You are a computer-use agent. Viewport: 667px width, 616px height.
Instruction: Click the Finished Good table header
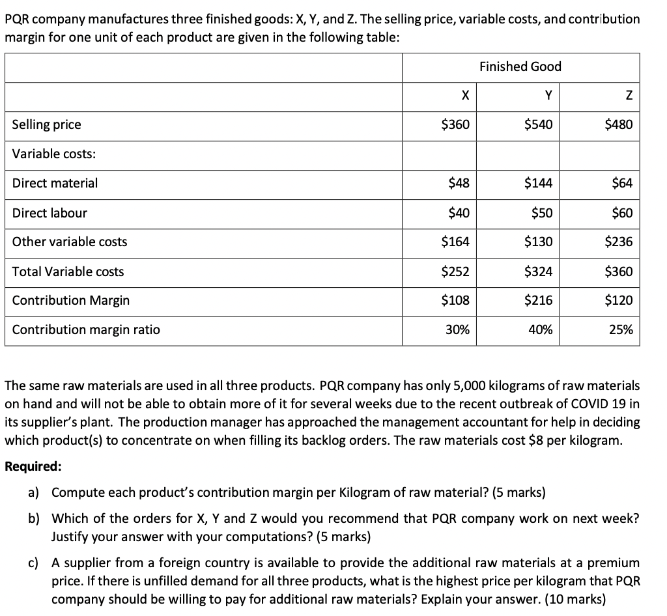pyautogui.click(x=520, y=66)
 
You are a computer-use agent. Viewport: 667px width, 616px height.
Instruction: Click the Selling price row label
pyautogui.click(x=47, y=124)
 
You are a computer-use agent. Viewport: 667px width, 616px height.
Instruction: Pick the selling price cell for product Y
pyautogui.click(x=539, y=124)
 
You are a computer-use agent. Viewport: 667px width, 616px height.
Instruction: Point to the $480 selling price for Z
pyautogui.click(x=618, y=124)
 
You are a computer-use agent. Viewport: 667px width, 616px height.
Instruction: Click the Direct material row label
pyautogui.click(x=55, y=183)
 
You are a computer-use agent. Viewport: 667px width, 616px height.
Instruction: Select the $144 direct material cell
pyautogui.click(x=539, y=183)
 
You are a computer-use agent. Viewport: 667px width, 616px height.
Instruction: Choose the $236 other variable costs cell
pyautogui.click(x=618, y=242)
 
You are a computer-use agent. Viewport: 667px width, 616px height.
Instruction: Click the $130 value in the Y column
pyautogui.click(x=539, y=242)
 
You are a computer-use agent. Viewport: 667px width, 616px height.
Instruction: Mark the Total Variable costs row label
pyautogui.click(x=68, y=272)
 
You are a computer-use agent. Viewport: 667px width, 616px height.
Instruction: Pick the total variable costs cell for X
pyautogui.click(x=455, y=272)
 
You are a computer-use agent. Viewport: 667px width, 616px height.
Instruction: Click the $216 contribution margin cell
pyautogui.click(x=539, y=300)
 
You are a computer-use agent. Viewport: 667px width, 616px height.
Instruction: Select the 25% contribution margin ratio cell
pyautogui.click(x=621, y=329)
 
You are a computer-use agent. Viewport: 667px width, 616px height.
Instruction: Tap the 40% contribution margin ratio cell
pyautogui.click(x=541, y=329)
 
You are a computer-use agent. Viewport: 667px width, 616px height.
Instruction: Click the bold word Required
pyautogui.click(x=34, y=467)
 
